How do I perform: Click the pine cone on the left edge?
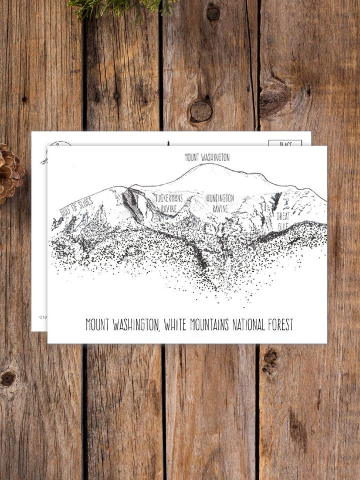coord(9,173)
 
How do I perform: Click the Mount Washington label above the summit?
coord(207,157)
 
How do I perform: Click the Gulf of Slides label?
coord(76,206)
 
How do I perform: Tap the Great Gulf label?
coord(283,221)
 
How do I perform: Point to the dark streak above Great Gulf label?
coord(275,201)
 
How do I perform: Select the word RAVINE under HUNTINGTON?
coord(219,208)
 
